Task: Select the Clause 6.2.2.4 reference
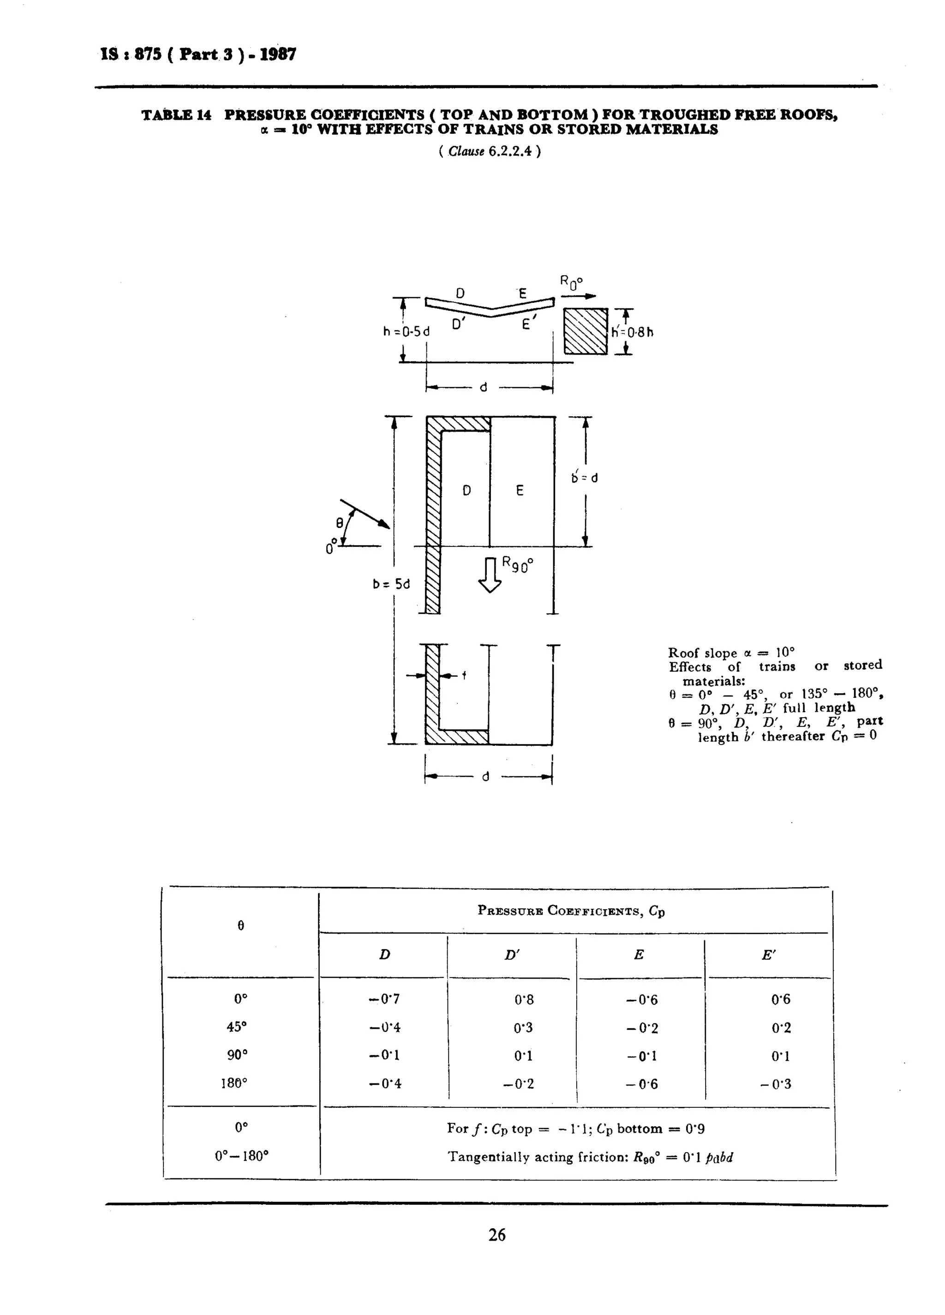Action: (490, 152)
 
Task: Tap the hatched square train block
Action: (586, 331)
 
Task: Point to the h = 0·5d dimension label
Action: (406, 332)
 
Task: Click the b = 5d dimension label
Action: (391, 584)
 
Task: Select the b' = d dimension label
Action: (584, 478)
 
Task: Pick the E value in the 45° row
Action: (642, 1028)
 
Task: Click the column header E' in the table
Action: (768, 955)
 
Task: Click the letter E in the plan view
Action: (520, 491)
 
